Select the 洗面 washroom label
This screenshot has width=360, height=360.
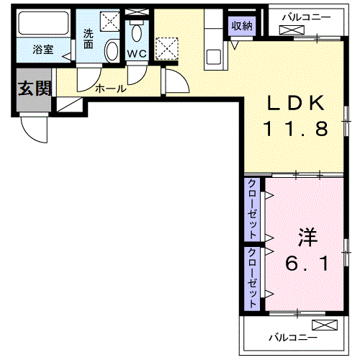[89, 37]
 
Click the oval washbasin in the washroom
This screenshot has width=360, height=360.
[112, 51]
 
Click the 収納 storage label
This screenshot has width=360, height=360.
[243, 26]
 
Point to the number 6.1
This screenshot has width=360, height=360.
[307, 264]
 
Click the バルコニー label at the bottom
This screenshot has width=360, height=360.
[292, 336]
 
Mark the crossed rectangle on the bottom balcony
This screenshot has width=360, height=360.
[325, 324]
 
